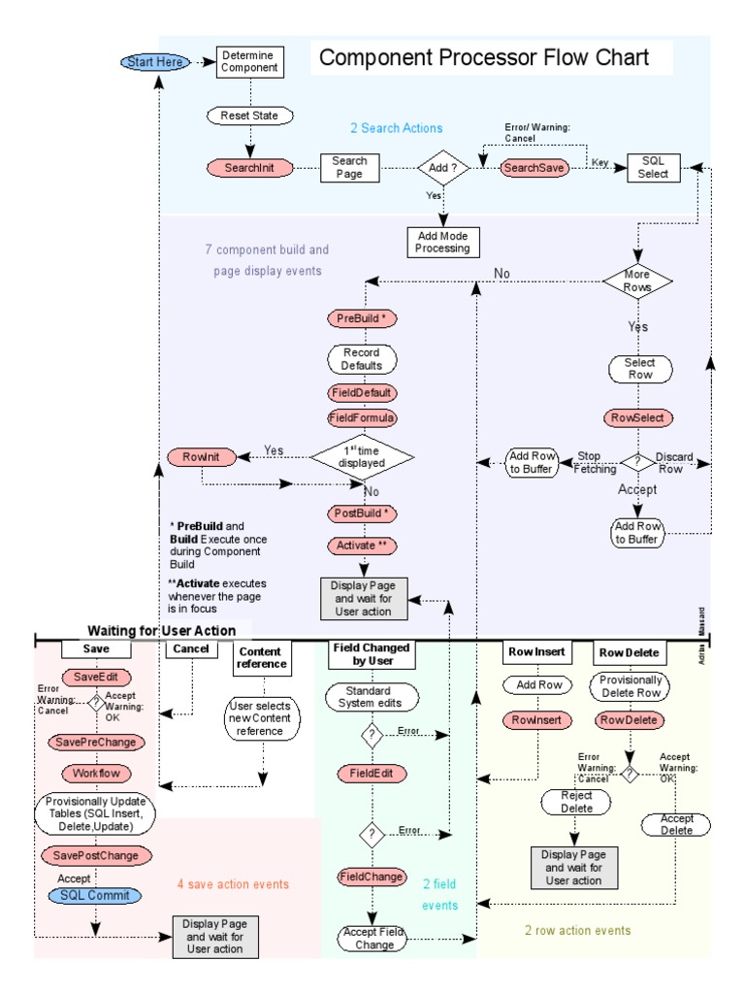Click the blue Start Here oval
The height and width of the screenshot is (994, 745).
coord(154,62)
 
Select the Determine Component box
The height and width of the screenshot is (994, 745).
coord(248,62)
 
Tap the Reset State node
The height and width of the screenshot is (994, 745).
coord(249,116)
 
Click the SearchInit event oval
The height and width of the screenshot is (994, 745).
coord(250,167)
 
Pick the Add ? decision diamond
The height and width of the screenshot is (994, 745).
coord(443,168)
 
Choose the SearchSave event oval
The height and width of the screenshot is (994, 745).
coord(534,168)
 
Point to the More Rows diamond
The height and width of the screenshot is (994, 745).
coord(638,282)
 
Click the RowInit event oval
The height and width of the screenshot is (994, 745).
coord(201,456)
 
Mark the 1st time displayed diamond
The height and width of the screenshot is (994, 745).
coord(362,456)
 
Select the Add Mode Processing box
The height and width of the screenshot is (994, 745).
coord(442,242)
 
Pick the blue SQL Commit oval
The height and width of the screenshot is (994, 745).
coord(94,895)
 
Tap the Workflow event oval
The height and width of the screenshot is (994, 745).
coord(94,774)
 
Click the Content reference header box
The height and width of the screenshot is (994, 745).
coord(260,658)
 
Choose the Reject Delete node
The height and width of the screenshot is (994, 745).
coord(576,802)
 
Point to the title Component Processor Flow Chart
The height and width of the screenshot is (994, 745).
coord(484,58)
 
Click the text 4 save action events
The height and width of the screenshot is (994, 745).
coord(233,884)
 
